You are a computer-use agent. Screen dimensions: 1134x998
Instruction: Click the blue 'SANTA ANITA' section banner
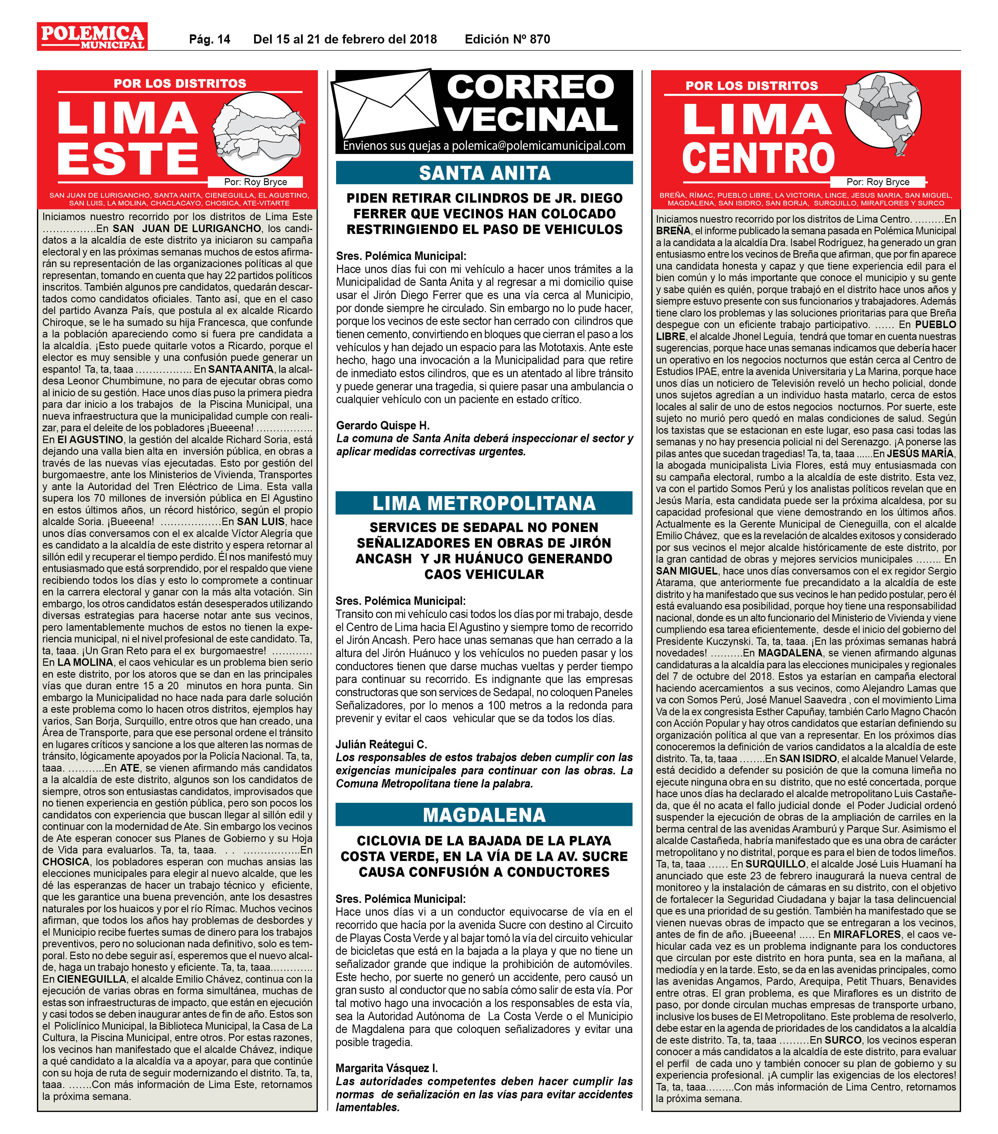pyautogui.click(x=484, y=173)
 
